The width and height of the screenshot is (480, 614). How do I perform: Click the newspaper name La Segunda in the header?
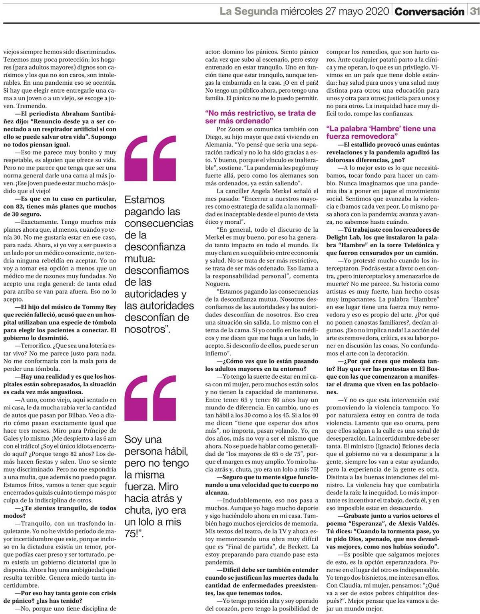tap(249, 11)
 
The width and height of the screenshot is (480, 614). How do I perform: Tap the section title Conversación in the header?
tap(429, 12)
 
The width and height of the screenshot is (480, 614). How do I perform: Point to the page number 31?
tap(474, 11)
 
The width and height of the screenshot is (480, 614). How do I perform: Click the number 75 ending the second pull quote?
tap(131, 534)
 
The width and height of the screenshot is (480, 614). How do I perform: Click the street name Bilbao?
tap(106, 415)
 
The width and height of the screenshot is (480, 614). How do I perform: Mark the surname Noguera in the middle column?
tap(218, 284)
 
